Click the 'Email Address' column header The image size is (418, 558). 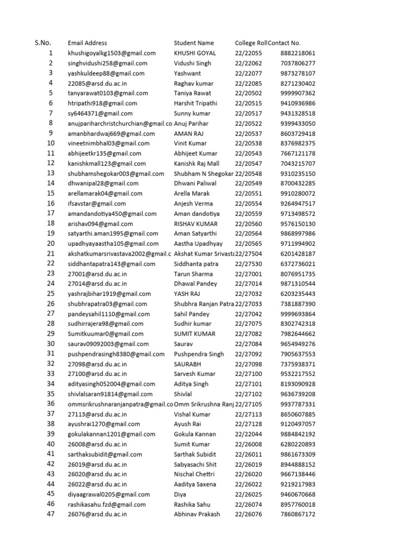pos(87,43)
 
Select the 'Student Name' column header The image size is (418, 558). pos(194,43)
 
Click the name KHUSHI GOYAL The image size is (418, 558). pos(195,53)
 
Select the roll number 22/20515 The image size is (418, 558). pos(248,104)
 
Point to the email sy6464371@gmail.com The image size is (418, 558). pos(100,113)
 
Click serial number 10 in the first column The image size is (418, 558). pos(50,143)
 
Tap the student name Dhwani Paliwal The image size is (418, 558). pos(195,184)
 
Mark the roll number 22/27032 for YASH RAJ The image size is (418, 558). pos(248,294)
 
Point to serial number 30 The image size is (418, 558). pos(50,343)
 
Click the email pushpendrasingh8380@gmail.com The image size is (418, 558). pos(116,354)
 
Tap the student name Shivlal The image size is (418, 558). pos(184,394)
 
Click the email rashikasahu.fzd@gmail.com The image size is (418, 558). pos(107,505)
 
